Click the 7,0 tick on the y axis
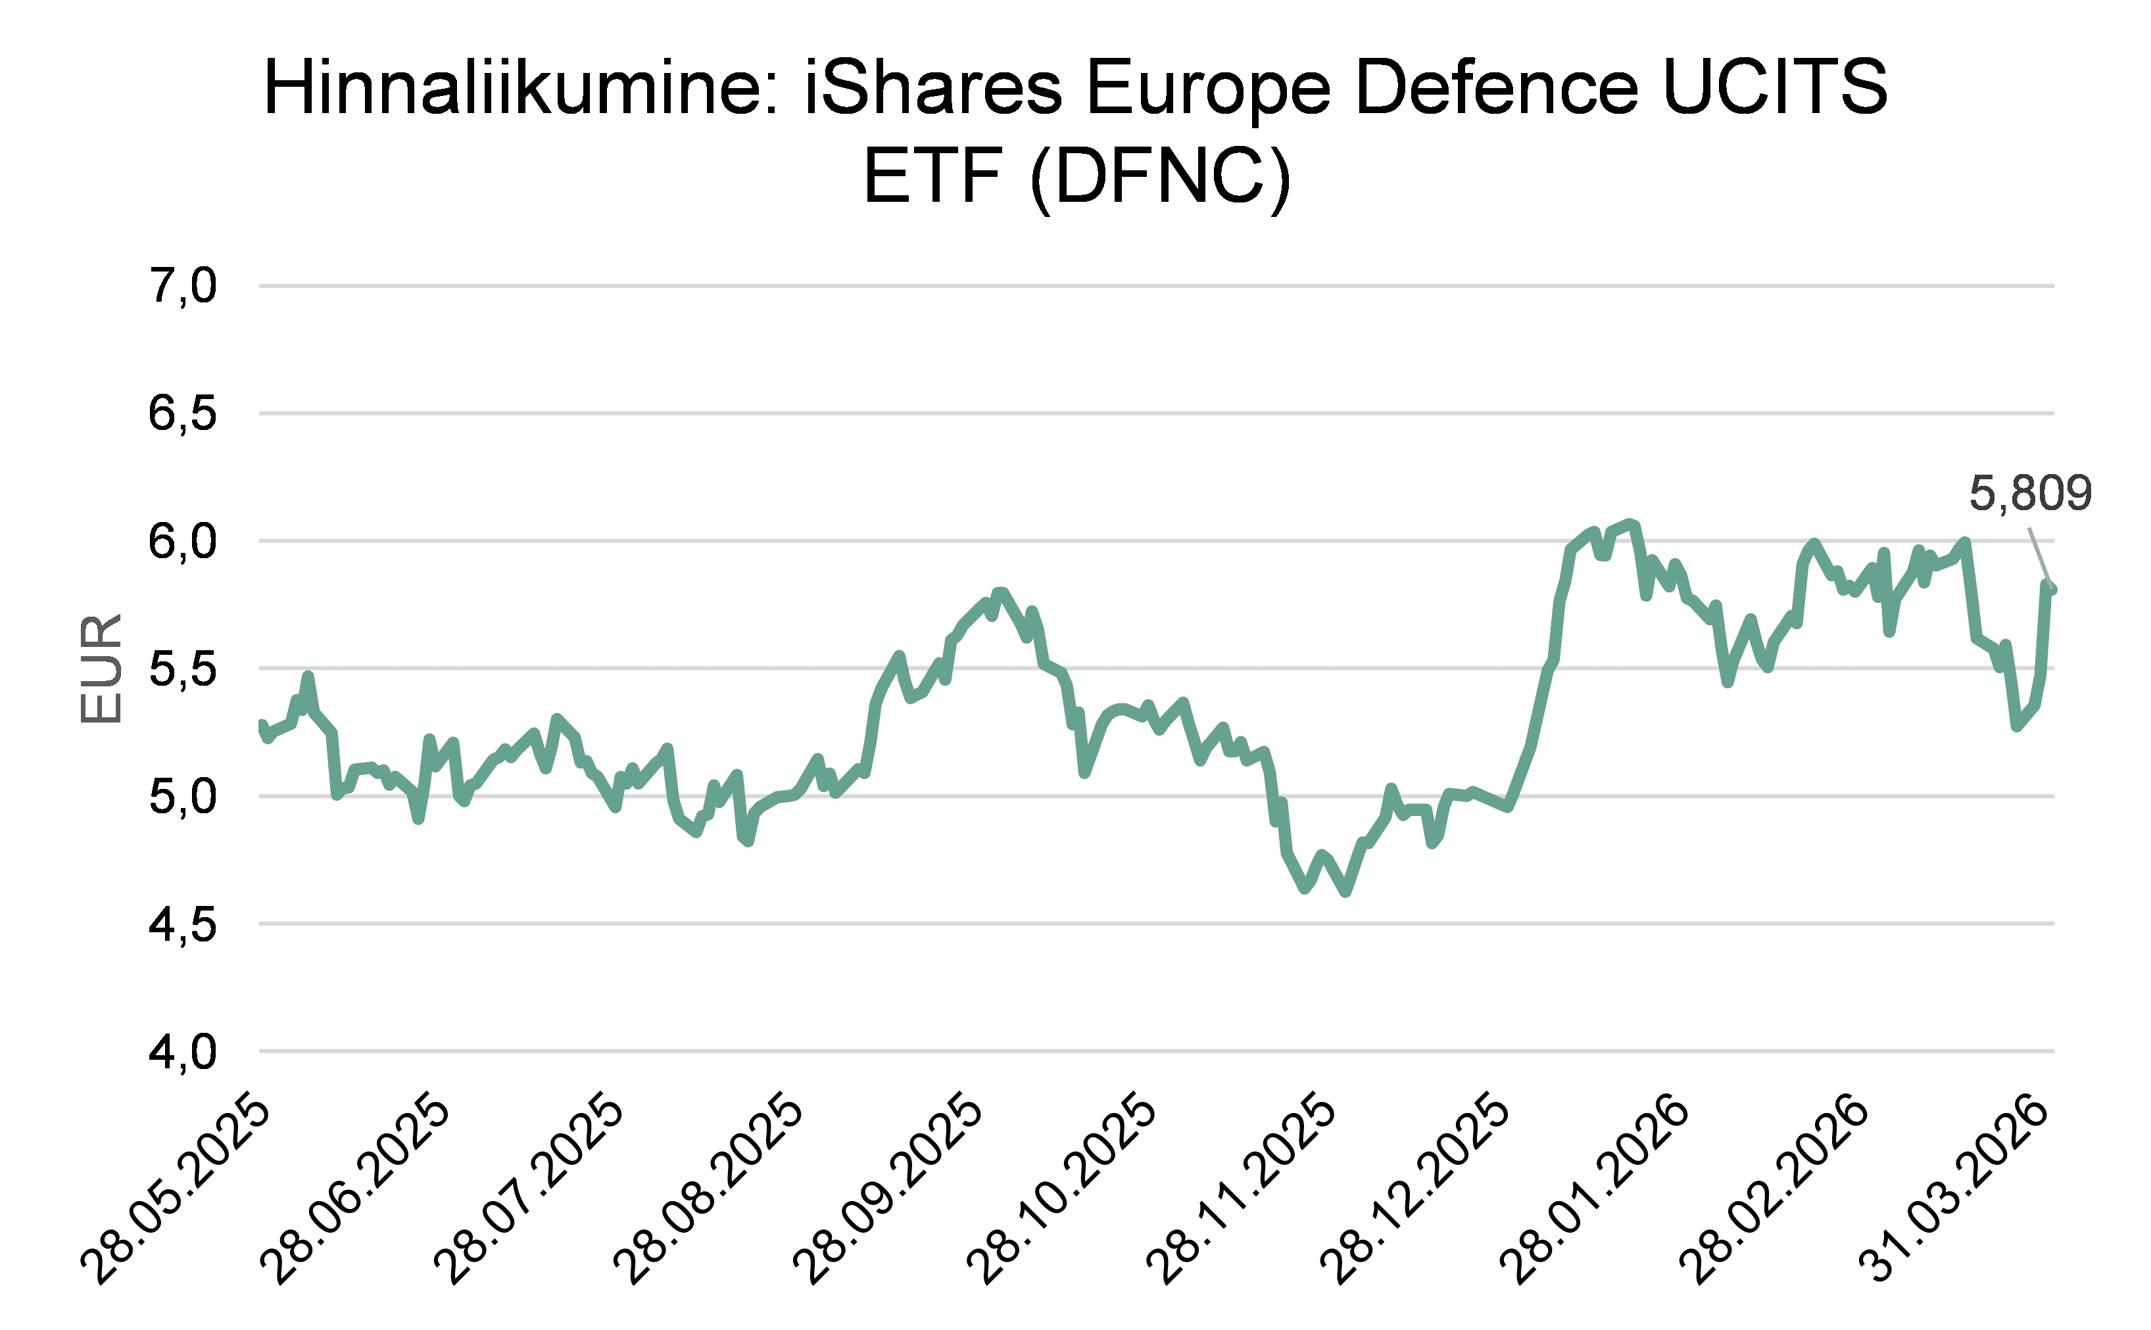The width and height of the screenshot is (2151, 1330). pos(182,286)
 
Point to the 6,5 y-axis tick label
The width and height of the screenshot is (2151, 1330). pos(182,414)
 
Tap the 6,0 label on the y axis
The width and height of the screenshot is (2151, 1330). pos(182,541)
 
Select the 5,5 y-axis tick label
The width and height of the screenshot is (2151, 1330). pos(182,669)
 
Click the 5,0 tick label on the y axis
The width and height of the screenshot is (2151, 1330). pos(182,797)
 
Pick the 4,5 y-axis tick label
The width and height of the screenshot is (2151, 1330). pos(182,924)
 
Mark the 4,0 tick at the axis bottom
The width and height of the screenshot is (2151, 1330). pos(182,1052)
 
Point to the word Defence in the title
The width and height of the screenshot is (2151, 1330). pos(1495,88)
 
